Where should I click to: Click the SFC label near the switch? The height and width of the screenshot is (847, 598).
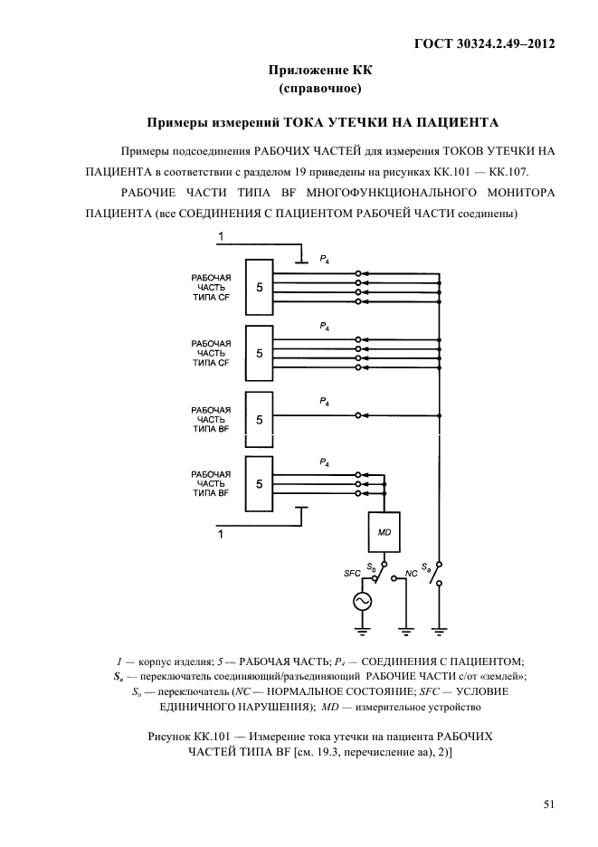(x=353, y=574)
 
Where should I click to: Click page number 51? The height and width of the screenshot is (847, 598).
(x=548, y=802)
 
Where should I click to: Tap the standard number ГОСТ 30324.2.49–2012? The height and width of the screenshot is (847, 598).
(x=483, y=43)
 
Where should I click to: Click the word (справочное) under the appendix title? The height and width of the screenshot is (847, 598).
(x=320, y=88)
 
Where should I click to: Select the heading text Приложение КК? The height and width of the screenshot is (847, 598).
(x=320, y=69)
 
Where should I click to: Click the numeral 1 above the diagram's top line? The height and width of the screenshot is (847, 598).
(x=220, y=237)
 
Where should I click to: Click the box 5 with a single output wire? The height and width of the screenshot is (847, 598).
(x=260, y=419)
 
